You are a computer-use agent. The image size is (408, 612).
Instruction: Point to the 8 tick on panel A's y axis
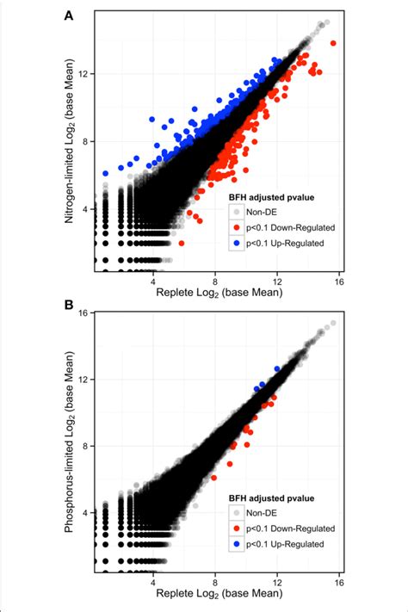pos(84,141)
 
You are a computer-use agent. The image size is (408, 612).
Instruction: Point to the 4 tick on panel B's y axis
pos(84,512)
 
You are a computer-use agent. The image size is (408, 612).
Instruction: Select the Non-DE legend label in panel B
pos(266,512)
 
